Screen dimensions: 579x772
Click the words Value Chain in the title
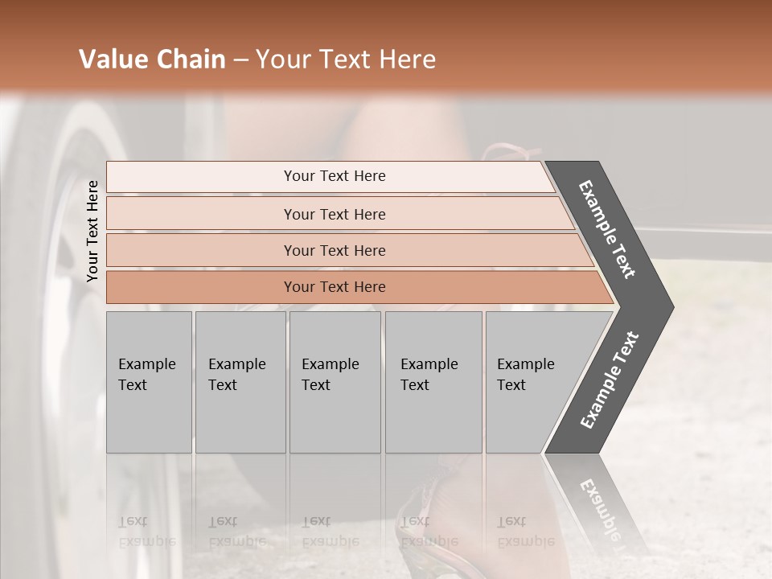point(152,60)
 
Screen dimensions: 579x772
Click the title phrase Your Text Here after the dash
point(346,60)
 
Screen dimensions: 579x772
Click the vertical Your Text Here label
point(92,232)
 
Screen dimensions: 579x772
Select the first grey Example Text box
point(149,382)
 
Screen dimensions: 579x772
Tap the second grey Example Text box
point(240,382)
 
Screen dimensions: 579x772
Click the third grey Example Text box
point(335,382)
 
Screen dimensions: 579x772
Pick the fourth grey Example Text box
point(433,382)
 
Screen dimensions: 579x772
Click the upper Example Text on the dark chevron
point(608,229)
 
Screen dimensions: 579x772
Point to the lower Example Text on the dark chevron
point(610,380)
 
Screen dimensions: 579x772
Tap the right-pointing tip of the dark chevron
point(667,306)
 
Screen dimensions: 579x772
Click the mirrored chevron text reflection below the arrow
point(599,507)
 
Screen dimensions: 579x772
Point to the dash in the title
point(240,60)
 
